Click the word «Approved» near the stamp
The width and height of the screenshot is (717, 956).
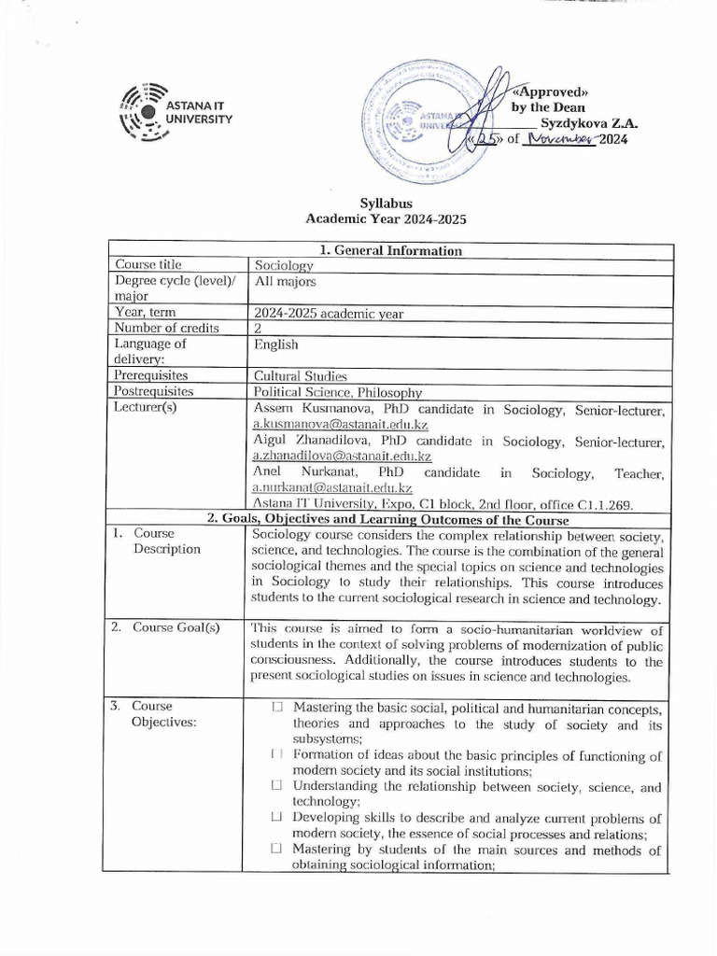(x=552, y=91)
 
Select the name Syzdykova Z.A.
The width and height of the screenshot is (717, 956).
(x=588, y=122)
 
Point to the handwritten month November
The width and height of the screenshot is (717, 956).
(x=562, y=139)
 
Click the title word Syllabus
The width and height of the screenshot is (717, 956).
(x=386, y=203)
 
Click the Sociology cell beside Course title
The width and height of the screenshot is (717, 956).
(x=284, y=266)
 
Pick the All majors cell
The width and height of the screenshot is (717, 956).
(x=286, y=281)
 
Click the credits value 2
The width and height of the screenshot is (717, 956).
(x=259, y=328)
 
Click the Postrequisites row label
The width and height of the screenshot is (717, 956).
(x=153, y=391)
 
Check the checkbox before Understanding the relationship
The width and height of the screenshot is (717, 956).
(x=277, y=786)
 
